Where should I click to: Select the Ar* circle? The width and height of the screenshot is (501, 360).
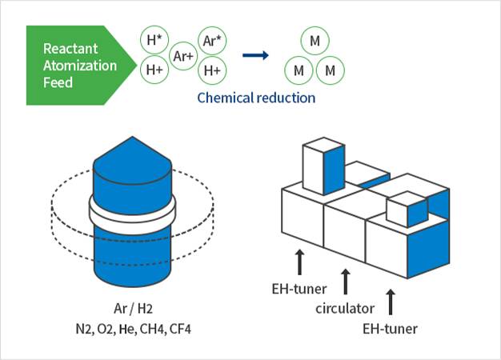coord(212,41)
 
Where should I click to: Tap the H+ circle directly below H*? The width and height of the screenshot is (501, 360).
coord(154,70)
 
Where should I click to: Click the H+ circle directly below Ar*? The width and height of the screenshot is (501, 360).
coord(212,70)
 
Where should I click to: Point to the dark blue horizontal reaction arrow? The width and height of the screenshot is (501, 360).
coord(255,55)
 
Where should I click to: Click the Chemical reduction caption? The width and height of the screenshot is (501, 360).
coord(256,98)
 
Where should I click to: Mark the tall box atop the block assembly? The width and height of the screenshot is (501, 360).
coord(322,166)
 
